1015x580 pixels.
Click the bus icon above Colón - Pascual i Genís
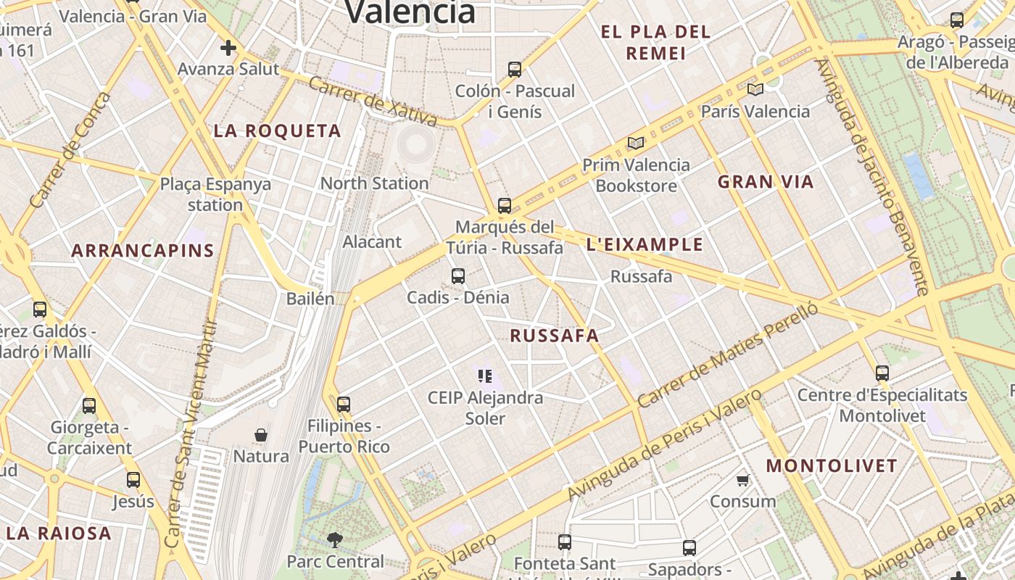click(x=515, y=70)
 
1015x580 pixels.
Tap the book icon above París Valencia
click(x=755, y=89)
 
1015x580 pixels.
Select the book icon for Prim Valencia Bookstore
click(x=636, y=144)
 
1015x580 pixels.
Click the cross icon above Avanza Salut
click(x=228, y=49)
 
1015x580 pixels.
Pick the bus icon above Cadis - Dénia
click(x=458, y=275)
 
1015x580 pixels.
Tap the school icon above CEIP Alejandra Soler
click(x=485, y=376)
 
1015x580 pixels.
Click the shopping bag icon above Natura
click(x=261, y=435)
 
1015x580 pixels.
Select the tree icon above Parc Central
click(x=334, y=539)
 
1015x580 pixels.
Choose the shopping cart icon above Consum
click(x=742, y=480)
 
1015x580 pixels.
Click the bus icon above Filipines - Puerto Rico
click(x=344, y=404)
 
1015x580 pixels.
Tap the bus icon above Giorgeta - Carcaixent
click(x=89, y=405)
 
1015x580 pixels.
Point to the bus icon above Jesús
click(x=133, y=479)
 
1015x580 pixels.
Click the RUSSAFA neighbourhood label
click(x=555, y=336)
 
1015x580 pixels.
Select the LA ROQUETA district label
click(x=277, y=131)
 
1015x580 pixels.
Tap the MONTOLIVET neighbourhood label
click(x=832, y=465)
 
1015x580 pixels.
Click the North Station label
click(x=374, y=183)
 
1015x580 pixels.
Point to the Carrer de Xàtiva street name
click(x=373, y=101)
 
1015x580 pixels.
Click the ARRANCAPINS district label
click(x=143, y=251)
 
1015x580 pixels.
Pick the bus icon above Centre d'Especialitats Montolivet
click(x=882, y=373)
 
